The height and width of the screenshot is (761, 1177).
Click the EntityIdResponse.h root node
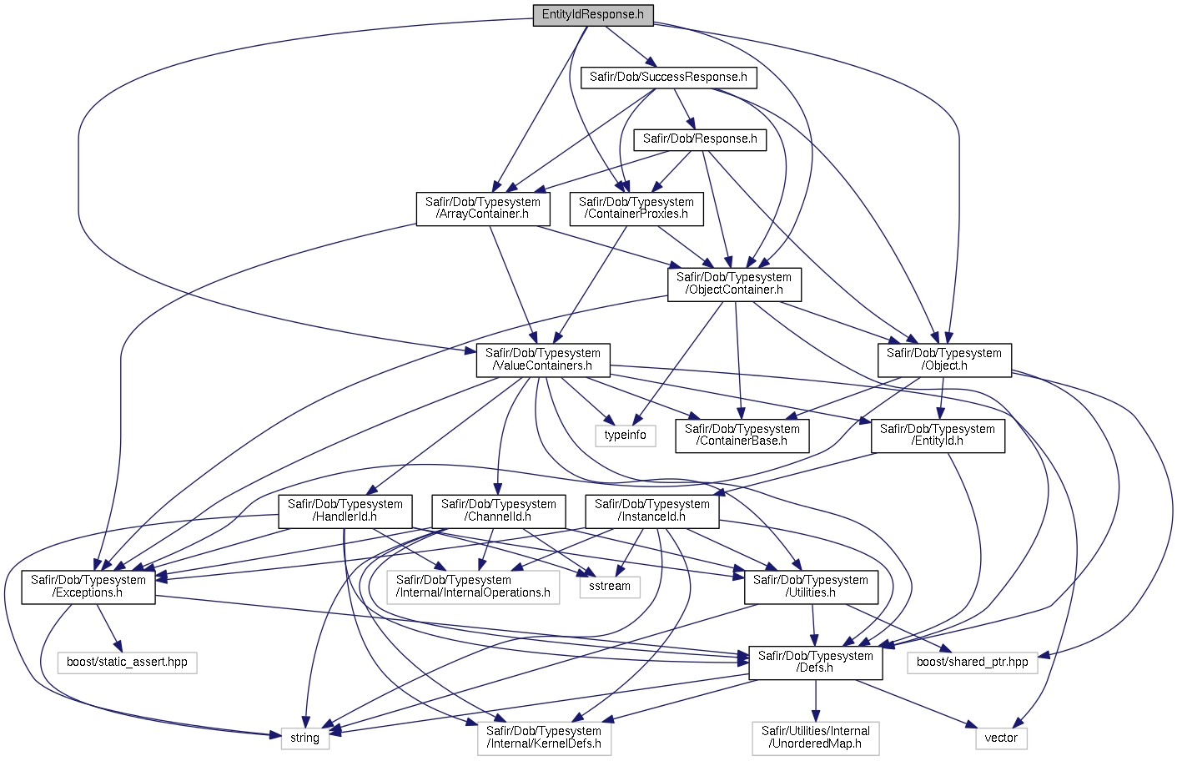(592, 15)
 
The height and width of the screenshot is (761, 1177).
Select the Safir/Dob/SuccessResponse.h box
(668, 78)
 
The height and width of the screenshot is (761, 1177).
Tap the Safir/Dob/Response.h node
(699, 139)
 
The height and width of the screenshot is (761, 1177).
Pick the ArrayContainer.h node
(482, 209)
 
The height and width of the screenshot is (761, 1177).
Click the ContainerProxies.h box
(636, 209)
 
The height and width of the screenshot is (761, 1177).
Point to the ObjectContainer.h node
(734, 284)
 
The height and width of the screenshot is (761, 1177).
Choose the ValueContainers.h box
(542, 360)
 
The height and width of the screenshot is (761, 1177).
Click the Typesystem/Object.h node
(943, 360)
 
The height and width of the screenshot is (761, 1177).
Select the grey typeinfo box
(625, 436)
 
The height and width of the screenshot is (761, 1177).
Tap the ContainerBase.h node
(742, 436)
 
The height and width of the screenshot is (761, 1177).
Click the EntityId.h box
(937, 436)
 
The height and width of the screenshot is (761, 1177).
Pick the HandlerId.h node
(345, 511)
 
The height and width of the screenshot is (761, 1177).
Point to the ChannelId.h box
(498, 511)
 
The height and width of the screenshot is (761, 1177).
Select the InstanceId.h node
(651, 511)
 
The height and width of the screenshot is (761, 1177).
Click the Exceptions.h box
(88, 587)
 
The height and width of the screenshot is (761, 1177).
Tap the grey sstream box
(609, 587)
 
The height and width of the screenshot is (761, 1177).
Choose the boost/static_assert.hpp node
(127, 663)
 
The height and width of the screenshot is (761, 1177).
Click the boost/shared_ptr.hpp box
(972, 663)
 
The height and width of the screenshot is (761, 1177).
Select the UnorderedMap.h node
(815, 738)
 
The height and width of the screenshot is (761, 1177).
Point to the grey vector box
(1000, 738)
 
